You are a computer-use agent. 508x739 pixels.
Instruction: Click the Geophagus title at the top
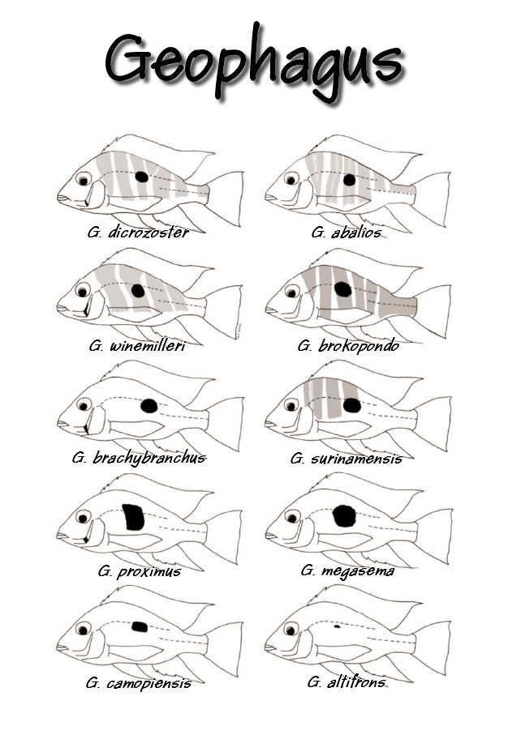(x=253, y=62)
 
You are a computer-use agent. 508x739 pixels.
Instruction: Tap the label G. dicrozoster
(x=138, y=232)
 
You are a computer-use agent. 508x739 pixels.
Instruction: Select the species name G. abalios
(x=346, y=233)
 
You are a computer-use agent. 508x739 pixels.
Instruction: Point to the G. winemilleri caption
(x=137, y=346)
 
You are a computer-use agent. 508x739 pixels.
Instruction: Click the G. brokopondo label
(x=348, y=346)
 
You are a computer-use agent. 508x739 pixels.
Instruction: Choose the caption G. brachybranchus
(x=139, y=458)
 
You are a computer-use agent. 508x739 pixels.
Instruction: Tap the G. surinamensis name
(x=347, y=458)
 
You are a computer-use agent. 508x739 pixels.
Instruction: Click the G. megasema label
(x=347, y=570)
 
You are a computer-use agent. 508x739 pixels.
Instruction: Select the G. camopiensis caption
(x=139, y=683)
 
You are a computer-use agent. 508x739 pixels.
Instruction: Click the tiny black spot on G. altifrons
(x=337, y=627)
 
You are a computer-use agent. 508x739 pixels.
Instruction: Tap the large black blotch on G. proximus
(x=134, y=517)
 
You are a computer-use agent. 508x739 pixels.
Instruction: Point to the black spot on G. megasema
(x=344, y=515)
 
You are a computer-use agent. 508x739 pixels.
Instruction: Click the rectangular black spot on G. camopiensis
(x=140, y=627)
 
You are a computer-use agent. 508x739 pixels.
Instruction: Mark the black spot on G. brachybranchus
(x=149, y=406)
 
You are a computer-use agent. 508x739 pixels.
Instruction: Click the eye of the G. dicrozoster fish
(x=84, y=179)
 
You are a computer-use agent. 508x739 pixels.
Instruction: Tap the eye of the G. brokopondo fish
(x=292, y=292)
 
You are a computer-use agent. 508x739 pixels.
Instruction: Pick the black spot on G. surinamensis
(x=351, y=405)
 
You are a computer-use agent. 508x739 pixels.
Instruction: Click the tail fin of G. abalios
(x=432, y=198)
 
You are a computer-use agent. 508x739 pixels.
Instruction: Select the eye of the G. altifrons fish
(x=291, y=629)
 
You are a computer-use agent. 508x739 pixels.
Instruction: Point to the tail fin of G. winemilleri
(x=224, y=311)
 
